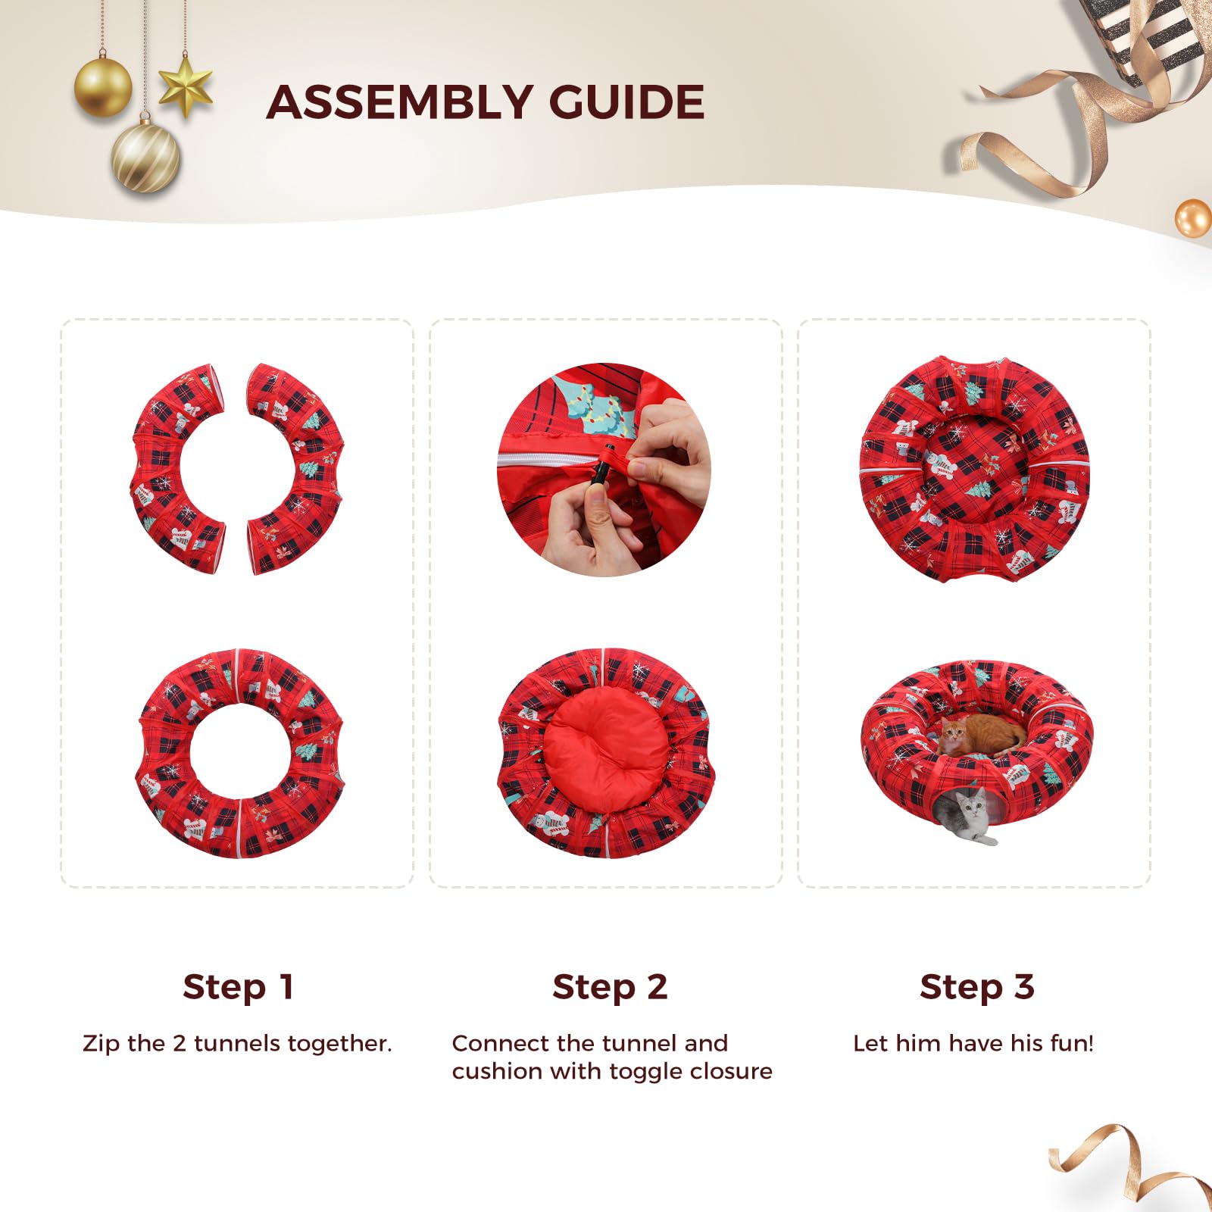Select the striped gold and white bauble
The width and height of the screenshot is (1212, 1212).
(x=145, y=158)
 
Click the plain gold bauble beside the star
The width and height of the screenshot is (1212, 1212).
(x=103, y=87)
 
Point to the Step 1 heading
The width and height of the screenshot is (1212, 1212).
(x=238, y=987)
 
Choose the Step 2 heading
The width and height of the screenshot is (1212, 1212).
(x=610, y=987)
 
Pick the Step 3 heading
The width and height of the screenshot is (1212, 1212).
(x=977, y=987)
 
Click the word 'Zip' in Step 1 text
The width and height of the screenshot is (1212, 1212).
(x=102, y=1044)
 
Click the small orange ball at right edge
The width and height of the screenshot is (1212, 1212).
(x=1193, y=218)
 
